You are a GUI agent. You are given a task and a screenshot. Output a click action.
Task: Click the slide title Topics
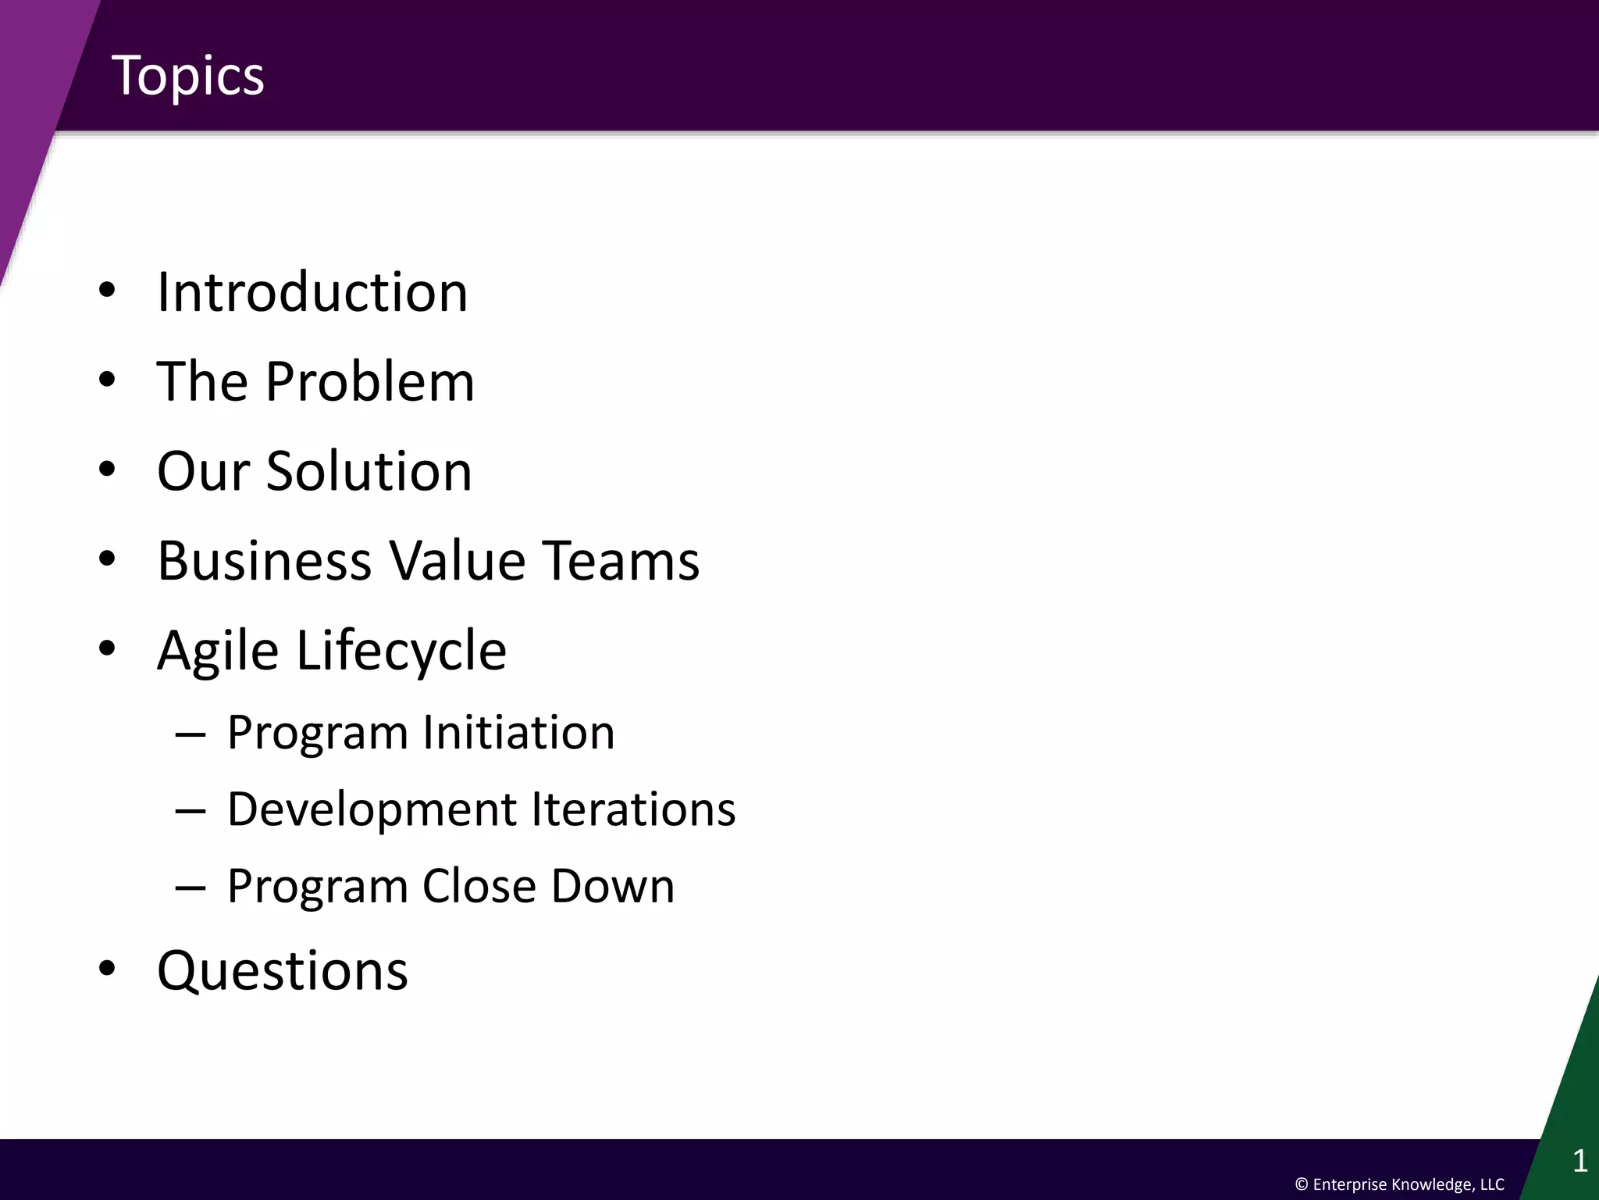188,76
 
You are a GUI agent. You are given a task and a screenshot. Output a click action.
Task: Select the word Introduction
312,292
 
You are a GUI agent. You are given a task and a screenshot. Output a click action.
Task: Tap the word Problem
369,381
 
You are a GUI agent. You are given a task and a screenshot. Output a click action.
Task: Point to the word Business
265,561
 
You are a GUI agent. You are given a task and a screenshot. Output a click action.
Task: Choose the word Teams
621,561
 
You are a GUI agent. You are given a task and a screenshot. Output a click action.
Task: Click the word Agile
218,651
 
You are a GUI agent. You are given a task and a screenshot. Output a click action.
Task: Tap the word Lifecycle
401,651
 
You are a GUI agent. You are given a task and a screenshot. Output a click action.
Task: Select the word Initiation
518,733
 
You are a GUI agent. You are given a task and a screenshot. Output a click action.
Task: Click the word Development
372,809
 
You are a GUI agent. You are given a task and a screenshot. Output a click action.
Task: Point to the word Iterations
633,809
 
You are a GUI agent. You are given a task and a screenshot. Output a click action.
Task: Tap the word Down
613,886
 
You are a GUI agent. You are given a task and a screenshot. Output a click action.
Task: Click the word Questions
283,971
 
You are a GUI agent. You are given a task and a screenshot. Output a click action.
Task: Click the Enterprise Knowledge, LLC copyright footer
1399,1184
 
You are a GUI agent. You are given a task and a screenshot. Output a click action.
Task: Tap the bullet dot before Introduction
107,291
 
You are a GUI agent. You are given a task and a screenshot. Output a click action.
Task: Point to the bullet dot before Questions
107,969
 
